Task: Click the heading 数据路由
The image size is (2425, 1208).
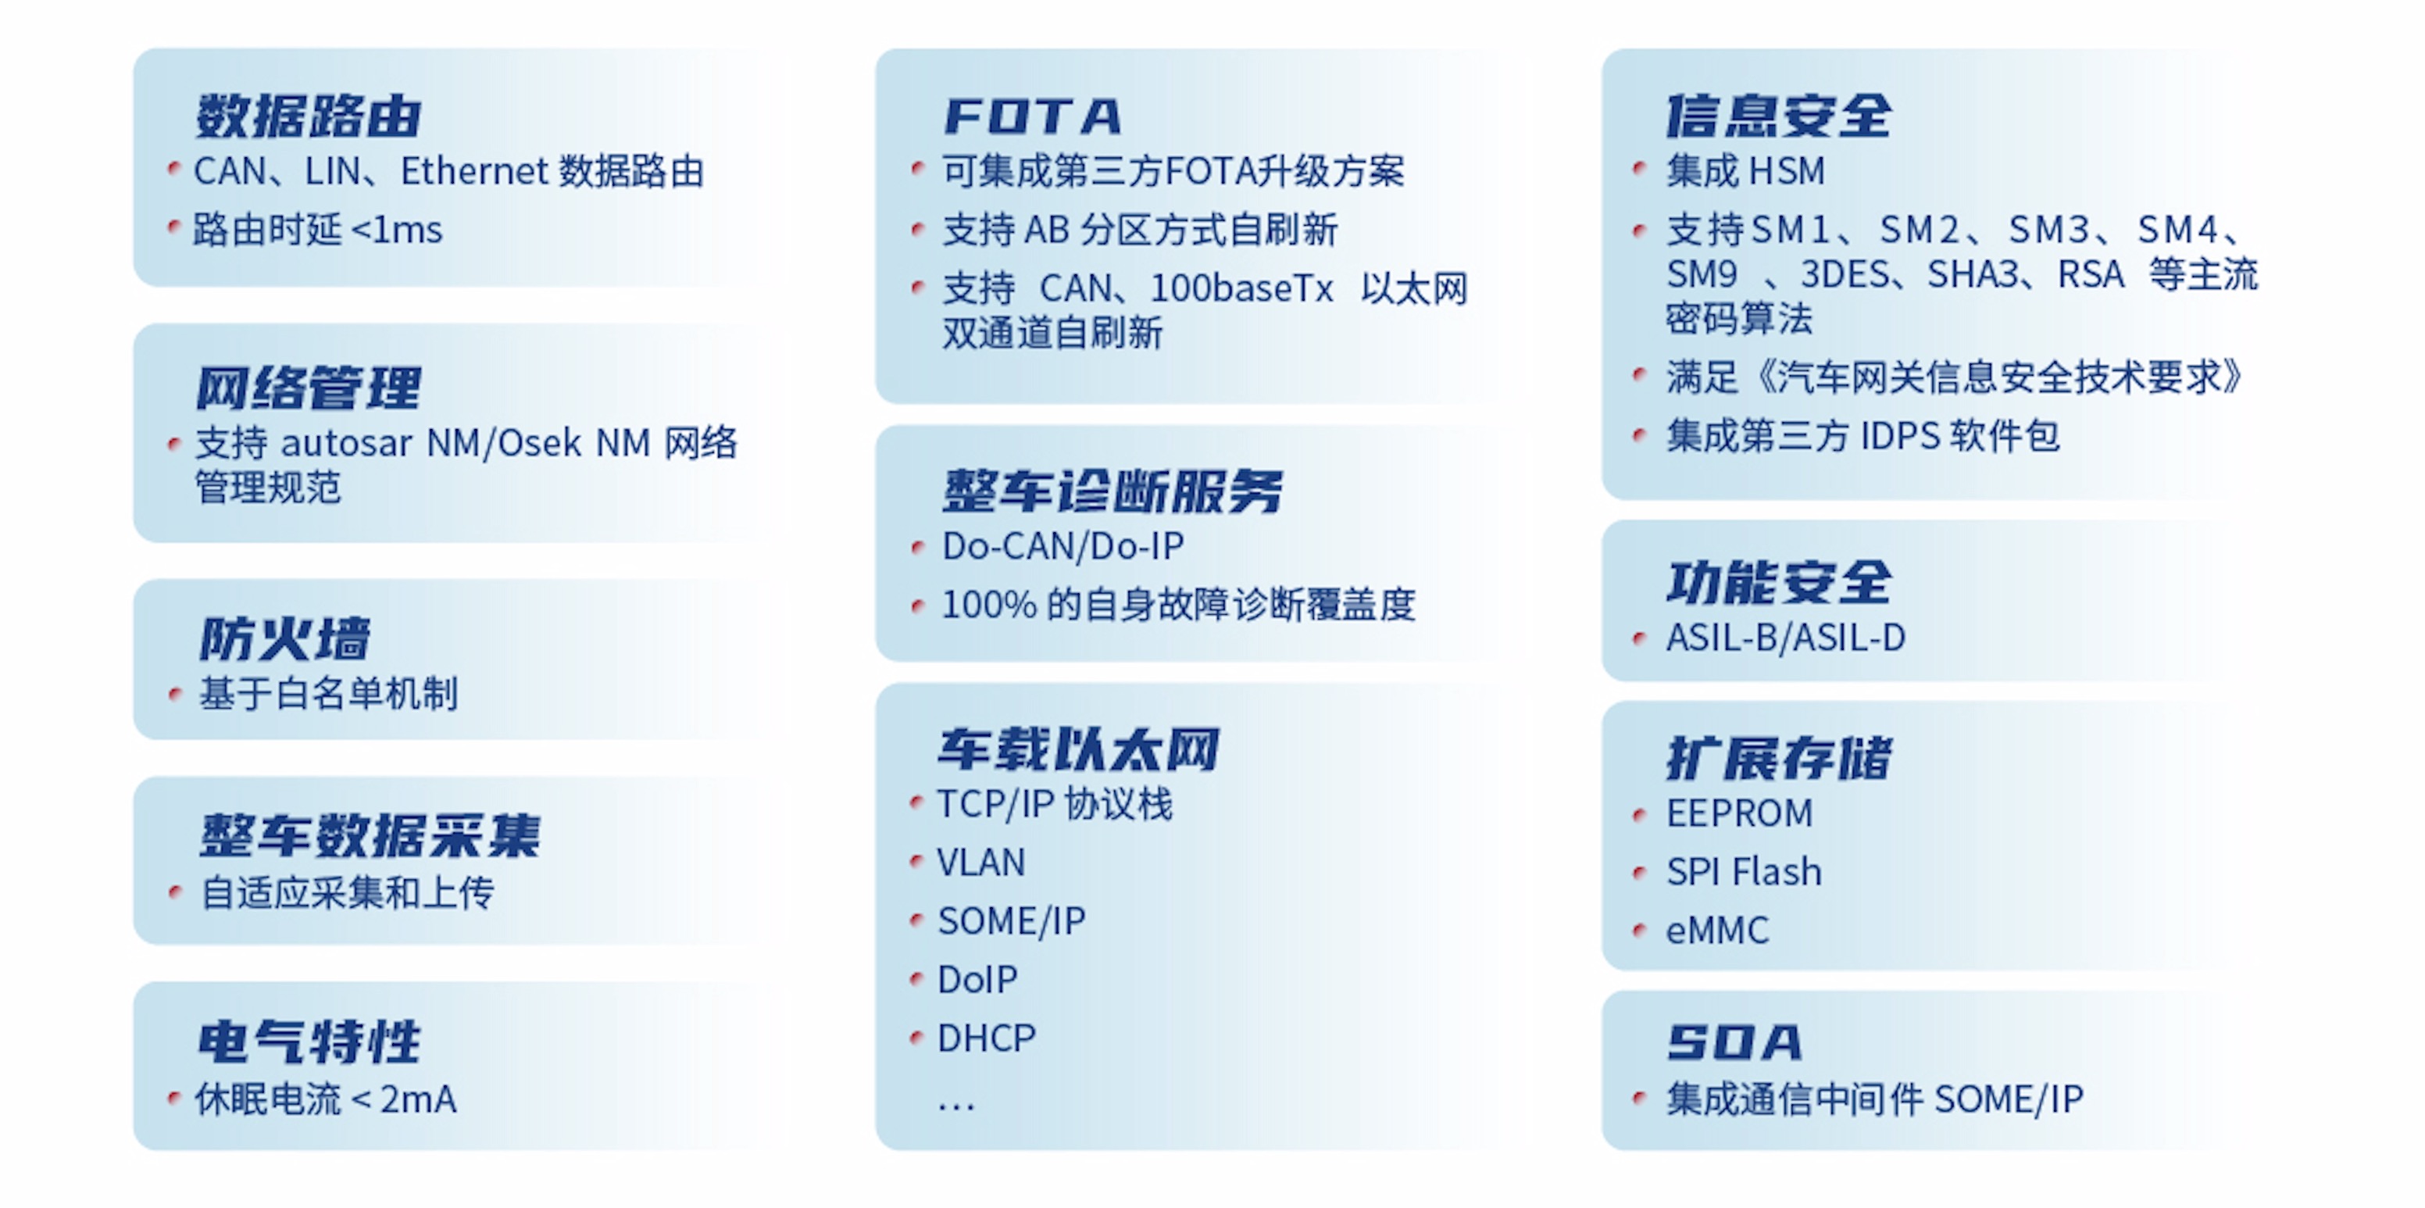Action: coord(308,116)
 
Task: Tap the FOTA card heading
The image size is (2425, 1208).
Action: coord(1033,116)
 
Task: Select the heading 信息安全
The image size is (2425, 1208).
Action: coord(1778,116)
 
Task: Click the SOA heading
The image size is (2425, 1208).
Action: coord(1734,1042)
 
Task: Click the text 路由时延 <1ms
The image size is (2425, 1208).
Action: coord(317,230)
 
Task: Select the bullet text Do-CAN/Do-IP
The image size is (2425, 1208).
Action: coord(1062,546)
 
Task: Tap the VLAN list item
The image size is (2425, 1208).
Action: coord(981,863)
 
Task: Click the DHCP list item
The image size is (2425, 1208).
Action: coord(987,1038)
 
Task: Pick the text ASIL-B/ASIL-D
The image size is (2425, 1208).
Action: coord(1786,638)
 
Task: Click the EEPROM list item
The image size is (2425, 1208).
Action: coord(1740,813)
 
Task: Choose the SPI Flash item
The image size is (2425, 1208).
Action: coord(1745,872)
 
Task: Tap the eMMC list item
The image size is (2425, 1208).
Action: coord(1718,931)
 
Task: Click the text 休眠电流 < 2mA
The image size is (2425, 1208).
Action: coord(326,1099)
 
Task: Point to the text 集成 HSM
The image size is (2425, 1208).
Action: coord(1745,171)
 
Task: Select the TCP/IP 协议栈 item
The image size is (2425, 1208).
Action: coord(1055,804)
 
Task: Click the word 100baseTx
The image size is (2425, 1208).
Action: coord(1241,288)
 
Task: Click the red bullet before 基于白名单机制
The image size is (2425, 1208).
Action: coord(174,695)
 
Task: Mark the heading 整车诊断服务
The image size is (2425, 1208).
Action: coord(1112,491)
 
